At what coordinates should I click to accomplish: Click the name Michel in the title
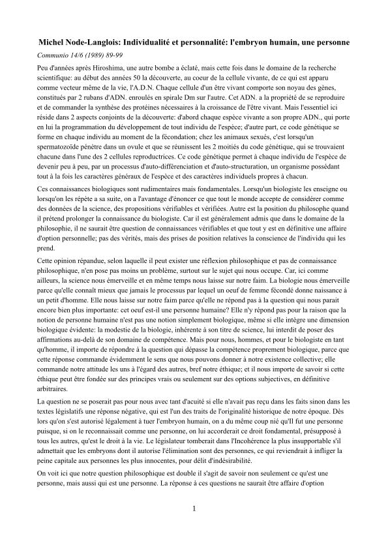click(x=53, y=42)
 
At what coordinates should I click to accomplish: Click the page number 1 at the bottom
click(x=194, y=507)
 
